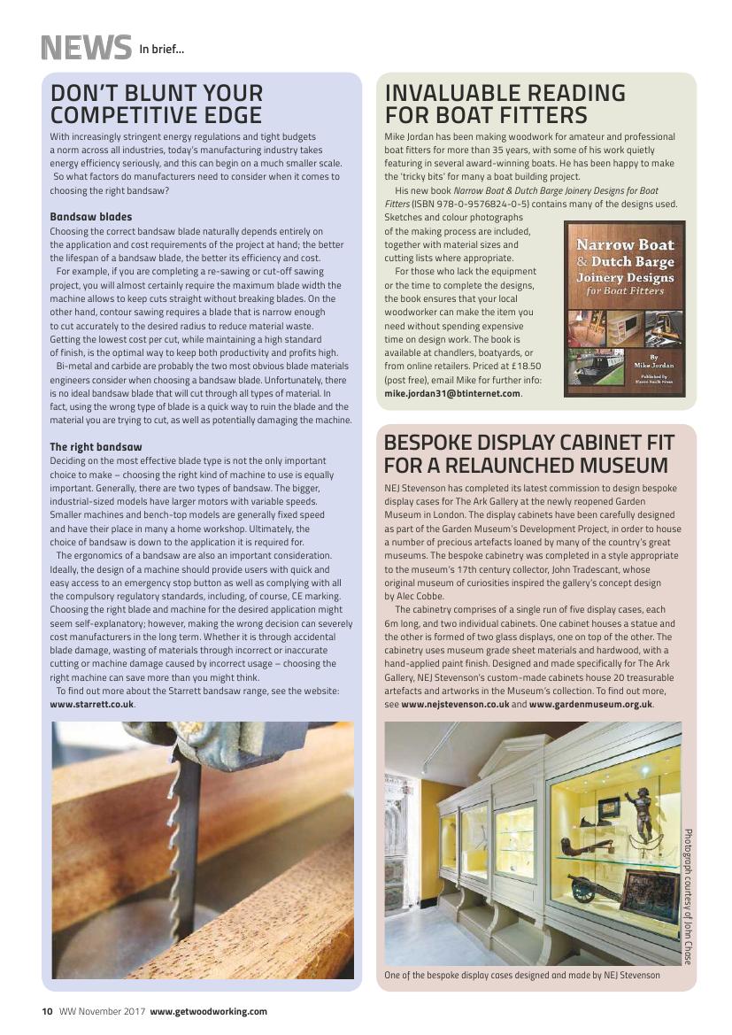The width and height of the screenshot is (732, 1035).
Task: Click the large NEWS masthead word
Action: [x=86, y=47]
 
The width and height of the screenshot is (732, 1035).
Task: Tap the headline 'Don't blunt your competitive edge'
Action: [x=157, y=104]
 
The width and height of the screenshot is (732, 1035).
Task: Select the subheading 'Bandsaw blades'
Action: [x=90, y=217]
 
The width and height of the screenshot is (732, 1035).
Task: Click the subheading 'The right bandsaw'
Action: [x=96, y=447]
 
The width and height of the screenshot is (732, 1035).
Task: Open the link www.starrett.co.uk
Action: [x=92, y=704]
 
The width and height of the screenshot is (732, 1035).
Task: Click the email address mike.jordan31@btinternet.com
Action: [x=452, y=393]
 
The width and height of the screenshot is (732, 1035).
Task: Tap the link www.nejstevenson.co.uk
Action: [x=455, y=704]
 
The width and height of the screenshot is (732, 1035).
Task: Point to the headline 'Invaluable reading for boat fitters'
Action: [x=505, y=104]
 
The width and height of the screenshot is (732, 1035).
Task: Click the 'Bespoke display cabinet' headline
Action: [x=528, y=453]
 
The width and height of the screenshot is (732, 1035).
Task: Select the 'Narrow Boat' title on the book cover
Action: [x=625, y=244]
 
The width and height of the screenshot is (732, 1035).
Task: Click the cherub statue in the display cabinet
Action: [x=639, y=810]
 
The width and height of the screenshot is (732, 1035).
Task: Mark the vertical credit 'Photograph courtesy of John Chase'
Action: [x=688, y=896]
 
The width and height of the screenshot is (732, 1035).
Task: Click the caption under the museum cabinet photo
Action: [x=522, y=975]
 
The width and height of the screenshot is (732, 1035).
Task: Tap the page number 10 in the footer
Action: [x=47, y=1011]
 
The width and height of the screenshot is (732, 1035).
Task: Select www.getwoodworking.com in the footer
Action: [x=208, y=1011]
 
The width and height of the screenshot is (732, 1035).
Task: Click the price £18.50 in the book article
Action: [x=523, y=366]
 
